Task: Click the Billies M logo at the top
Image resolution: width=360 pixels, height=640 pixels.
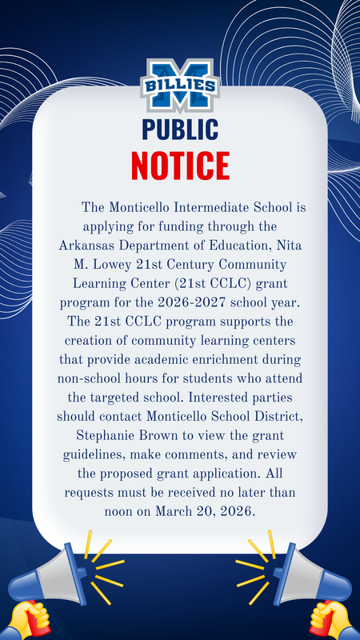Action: pos(179,85)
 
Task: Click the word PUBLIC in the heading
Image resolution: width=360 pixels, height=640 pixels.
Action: pos(179,129)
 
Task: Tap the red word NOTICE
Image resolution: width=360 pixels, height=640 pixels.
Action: pos(179,165)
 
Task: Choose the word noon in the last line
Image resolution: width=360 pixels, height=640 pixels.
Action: pos(122,510)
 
